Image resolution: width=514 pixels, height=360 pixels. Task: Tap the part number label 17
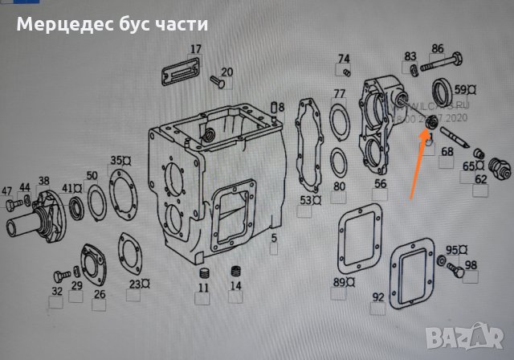click(195, 49)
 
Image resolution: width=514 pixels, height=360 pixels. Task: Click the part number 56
click(379, 184)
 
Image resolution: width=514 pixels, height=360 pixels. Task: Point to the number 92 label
click(377, 297)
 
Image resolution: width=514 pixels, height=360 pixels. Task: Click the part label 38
click(43, 181)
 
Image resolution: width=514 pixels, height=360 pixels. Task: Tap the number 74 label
click(344, 59)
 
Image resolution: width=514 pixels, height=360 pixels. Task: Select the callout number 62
click(480, 179)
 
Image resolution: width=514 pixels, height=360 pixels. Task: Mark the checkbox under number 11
click(203, 302)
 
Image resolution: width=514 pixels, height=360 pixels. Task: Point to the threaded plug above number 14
click(236, 270)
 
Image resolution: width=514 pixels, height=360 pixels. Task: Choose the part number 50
click(92, 176)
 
